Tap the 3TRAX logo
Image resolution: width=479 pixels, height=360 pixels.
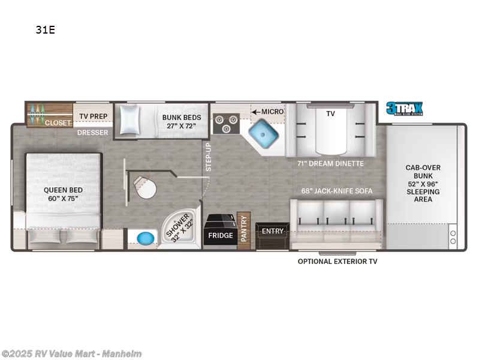pyautogui.click(x=405, y=109)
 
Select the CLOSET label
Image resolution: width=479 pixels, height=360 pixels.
pyautogui.click(x=58, y=122)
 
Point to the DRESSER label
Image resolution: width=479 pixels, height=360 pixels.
pyautogui.click(x=92, y=133)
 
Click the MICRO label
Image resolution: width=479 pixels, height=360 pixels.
pyautogui.click(x=272, y=112)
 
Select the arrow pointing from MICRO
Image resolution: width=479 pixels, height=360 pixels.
pyautogui.click(x=255, y=112)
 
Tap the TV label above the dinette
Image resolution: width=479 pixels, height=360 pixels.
pyautogui.click(x=330, y=113)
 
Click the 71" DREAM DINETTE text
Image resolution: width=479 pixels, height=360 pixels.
pyautogui.click(x=330, y=163)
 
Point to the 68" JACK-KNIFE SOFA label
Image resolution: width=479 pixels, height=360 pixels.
pyautogui.click(x=336, y=191)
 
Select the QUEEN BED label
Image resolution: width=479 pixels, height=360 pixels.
pyautogui.click(x=63, y=194)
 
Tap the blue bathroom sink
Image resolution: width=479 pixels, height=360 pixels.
pyautogui.click(x=144, y=238)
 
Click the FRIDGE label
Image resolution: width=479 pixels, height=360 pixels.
pyautogui.click(x=220, y=235)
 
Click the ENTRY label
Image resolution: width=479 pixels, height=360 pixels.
pyautogui.click(x=273, y=231)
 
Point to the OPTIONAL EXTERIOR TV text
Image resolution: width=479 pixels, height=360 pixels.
pyautogui.click(x=338, y=261)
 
